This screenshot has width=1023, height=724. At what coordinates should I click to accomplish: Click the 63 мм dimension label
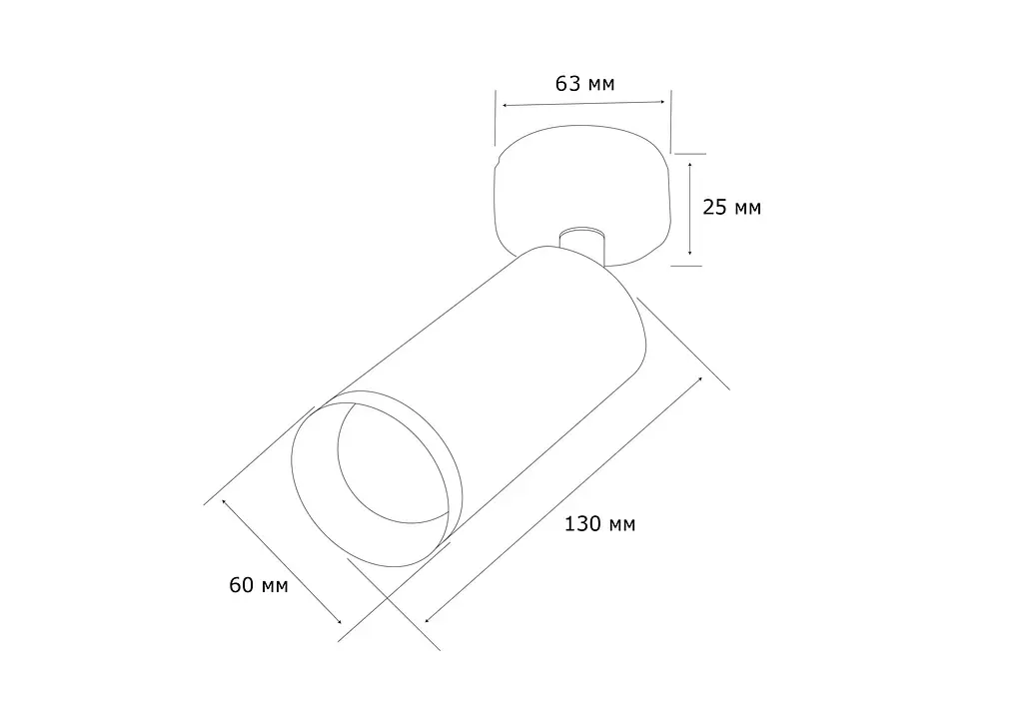(x=584, y=84)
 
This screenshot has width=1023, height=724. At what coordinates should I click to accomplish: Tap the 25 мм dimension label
(x=731, y=208)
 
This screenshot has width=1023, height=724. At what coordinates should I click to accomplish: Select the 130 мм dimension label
(x=599, y=523)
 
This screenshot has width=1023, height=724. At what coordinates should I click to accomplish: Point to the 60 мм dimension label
(x=259, y=585)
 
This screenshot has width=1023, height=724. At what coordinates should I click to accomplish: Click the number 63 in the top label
(x=567, y=84)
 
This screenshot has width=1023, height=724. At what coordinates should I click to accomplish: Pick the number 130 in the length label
(x=582, y=523)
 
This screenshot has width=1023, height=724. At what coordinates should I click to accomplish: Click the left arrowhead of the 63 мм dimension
(x=505, y=105)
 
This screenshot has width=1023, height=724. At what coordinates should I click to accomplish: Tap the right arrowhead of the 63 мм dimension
(x=661, y=101)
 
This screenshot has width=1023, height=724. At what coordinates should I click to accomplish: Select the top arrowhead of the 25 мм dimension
(x=689, y=166)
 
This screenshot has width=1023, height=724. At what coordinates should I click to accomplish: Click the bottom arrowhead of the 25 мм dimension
(x=689, y=253)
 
